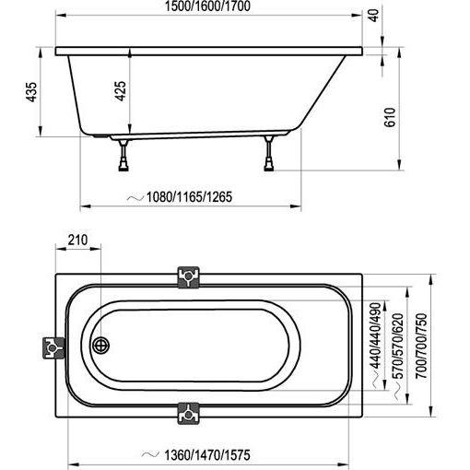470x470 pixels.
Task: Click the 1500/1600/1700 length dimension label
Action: (x=207, y=6)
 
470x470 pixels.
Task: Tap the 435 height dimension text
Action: (x=31, y=92)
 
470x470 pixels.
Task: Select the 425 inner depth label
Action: (x=121, y=91)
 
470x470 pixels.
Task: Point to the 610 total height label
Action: (x=390, y=117)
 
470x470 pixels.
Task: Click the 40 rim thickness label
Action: (x=374, y=16)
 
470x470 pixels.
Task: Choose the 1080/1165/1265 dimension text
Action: (x=189, y=197)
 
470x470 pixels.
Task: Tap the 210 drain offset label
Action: (x=77, y=240)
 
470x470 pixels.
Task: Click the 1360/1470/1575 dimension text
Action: (x=207, y=455)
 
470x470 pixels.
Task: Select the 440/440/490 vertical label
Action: (x=375, y=335)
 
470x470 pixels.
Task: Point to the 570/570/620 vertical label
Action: (x=398, y=346)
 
